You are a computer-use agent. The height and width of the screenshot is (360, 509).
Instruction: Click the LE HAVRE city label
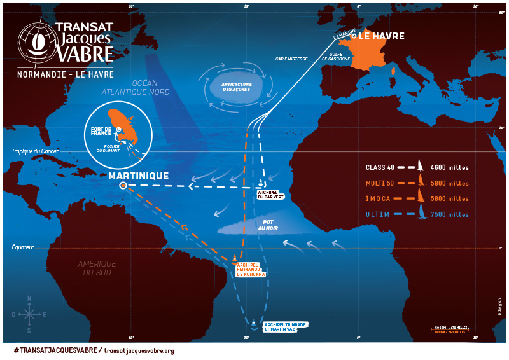point(381,36)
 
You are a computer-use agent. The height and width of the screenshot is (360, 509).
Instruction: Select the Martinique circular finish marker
point(123,186)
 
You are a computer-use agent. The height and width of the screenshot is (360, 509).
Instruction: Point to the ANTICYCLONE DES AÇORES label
point(235,87)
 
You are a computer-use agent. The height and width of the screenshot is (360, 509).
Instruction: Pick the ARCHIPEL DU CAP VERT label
point(270,195)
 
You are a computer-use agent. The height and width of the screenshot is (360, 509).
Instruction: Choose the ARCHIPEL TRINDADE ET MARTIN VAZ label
point(284,327)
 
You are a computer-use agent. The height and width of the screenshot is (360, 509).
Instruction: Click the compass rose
point(29,314)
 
